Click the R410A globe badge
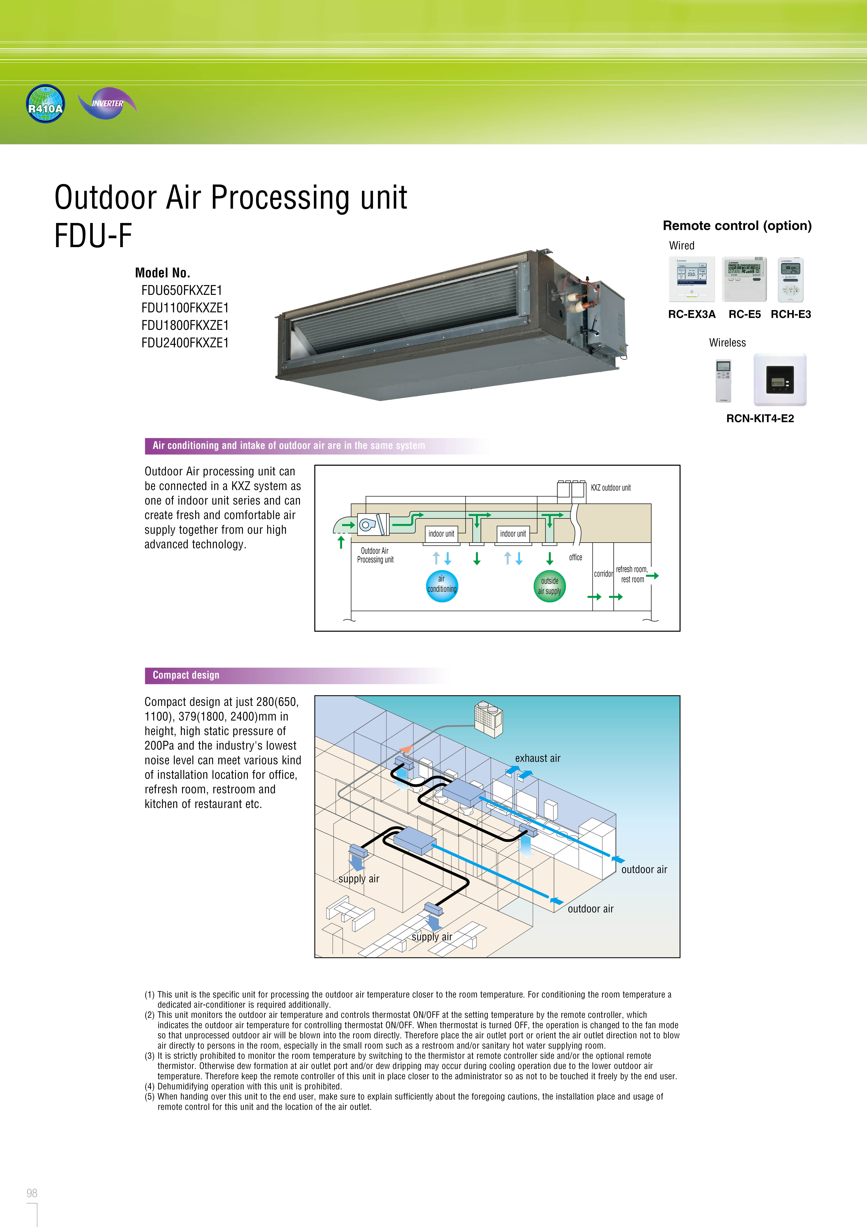[45, 104]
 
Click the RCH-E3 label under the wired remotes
[791, 314]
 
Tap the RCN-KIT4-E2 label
[760, 419]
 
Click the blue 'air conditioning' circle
[442, 586]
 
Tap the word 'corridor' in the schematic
[603, 574]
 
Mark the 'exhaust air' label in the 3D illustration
[537, 758]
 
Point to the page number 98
[32, 1193]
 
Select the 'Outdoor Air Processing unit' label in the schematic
[375, 555]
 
